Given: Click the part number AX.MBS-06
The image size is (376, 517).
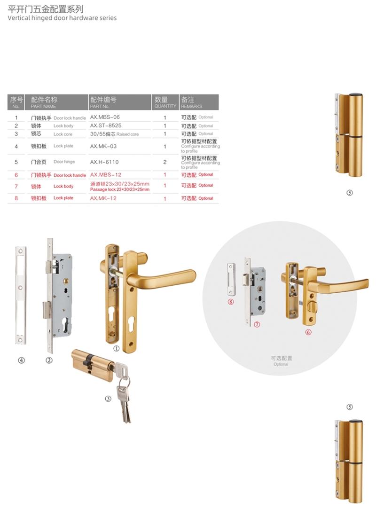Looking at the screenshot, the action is click(105, 117).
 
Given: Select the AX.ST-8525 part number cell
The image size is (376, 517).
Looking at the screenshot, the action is click(106, 125).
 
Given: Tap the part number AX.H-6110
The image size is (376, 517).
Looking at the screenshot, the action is click(104, 162).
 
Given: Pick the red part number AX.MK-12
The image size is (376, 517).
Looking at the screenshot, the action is click(103, 198).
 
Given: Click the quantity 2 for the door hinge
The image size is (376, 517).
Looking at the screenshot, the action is click(165, 162).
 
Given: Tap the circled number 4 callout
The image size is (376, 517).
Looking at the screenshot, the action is click(22, 360).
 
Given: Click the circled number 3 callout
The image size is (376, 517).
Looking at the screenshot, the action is click(108, 399).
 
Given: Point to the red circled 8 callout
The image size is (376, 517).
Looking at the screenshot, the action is click(231, 302).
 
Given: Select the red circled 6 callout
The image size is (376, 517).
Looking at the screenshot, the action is click(308, 332).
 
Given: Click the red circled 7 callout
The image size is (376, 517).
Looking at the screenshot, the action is click(257, 324).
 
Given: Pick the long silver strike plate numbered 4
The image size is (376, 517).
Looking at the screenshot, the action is click(21, 295).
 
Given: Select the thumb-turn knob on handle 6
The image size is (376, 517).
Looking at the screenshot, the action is click(312, 309).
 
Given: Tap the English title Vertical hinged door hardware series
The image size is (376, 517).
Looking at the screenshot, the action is click(62, 18).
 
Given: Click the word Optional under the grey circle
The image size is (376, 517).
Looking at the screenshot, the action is click(281, 364).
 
